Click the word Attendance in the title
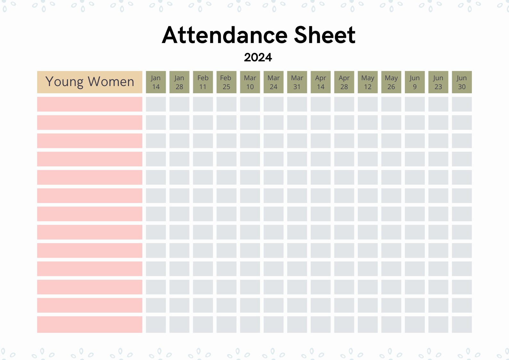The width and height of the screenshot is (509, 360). pyautogui.click(x=224, y=35)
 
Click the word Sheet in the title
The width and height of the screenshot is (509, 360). pyautogui.click(x=324, y=35)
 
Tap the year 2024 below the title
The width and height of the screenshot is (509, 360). pyautogui.click(x=258, y=58)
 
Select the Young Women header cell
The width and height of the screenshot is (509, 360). pyautogui.click(x=90, y=82)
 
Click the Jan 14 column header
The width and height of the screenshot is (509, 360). pyautogui.click(x=156, y=82)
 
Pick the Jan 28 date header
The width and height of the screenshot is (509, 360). pyautogui.click(x=179, y=82)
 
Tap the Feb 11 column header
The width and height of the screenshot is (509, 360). pyautogui.click(x=203, y=82)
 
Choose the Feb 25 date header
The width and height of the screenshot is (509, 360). pyautogui.click(x=226, y=82)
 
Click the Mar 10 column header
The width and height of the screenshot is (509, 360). pyautogui.click(x=250, y=82)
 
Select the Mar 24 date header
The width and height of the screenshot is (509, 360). pyautogui.click(x=273, y=82)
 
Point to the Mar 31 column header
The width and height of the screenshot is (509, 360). pyautogui.click(x=297, y=82)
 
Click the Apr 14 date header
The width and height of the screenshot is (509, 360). pyautogui.click(x=321, y=82)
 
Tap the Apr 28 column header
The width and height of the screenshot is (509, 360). pyautogui.click(x=344, y=82)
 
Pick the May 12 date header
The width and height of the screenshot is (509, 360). pyautogui.click(x=368, y=82)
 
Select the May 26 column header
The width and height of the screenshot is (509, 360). pyautogui.click(x=391, y=82)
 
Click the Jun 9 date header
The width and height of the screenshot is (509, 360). pyautogui.click(x=415, y=82)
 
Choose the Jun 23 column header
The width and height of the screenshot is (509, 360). pyautogui.click(x=438, y=82)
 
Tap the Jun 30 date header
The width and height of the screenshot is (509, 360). pyautogui.click(x=462, y=82)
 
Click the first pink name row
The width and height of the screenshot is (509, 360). pyautogui.click(x=90, y=105)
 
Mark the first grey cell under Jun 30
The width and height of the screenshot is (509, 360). pyautogui.click(x=462, y=105)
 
